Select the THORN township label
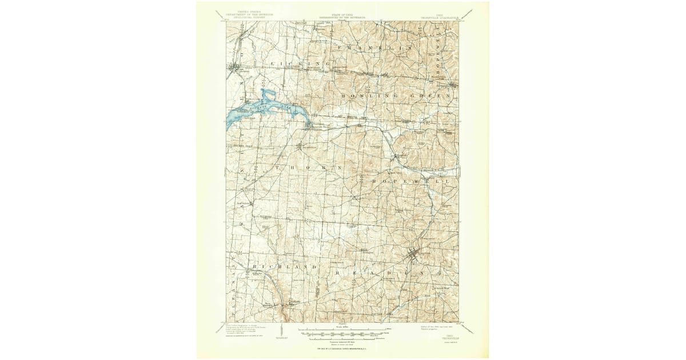click(309, 168)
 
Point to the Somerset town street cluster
click(414, 254)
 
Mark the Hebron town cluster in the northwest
click(234, 70)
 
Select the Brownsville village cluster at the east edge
click(452, 86)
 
